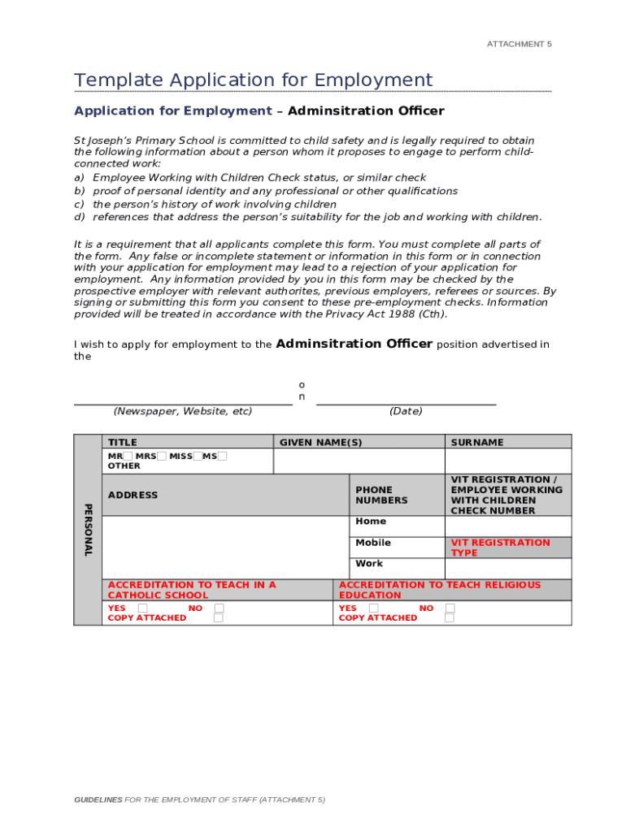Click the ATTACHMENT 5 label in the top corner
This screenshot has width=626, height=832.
pos(519,44)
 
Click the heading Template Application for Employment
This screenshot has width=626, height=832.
pos(253,80)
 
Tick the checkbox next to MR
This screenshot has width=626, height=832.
pos(128,456)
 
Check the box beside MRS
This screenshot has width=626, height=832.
pos(162,456)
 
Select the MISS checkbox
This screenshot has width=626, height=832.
pos(198,456)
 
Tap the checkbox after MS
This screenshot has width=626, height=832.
pos(223,456)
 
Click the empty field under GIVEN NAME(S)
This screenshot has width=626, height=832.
pos(359,461)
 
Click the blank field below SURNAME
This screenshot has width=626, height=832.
pos(508,461)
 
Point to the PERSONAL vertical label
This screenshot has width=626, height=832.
pos(88,530)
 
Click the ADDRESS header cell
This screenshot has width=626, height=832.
pos(133,495)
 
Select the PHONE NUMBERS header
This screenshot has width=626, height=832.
pos(381,495)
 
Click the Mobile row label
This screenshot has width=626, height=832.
pos(373,542)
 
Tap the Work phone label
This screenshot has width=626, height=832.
pos(369,563)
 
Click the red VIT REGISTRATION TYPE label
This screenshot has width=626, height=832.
pos(500,548)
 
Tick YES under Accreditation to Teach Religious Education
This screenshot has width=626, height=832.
pos(373,608)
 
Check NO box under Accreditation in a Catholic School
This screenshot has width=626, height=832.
pos(219,608)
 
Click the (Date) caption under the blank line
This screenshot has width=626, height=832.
pos(406,411)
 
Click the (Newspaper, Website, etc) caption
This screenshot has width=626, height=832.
pos(183,411)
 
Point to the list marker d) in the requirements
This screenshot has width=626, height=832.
pos(80,217)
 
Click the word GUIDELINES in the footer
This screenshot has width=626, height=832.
pos(98,799)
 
